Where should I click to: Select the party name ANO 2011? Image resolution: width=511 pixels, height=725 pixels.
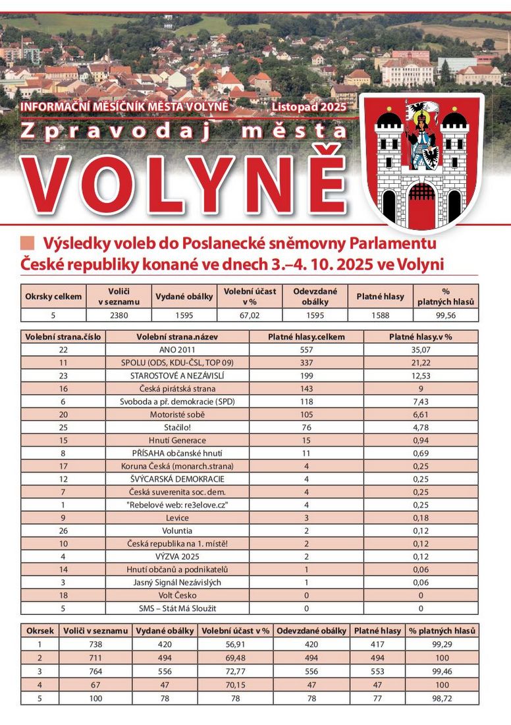177,349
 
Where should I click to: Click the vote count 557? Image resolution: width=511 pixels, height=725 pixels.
306,349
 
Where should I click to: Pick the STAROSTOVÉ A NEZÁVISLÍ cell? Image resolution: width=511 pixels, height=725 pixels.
177,375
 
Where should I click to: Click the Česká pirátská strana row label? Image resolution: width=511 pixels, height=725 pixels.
177,388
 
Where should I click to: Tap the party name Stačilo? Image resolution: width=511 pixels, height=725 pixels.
177,427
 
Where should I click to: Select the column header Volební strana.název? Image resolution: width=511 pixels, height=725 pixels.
177,336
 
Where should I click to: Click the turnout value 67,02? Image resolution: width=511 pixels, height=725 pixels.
250,315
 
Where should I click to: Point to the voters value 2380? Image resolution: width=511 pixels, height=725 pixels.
119,315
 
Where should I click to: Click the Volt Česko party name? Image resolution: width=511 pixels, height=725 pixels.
177,595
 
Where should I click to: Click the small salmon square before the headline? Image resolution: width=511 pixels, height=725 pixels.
28,243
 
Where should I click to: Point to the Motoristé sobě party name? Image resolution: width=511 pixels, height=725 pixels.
177,414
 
